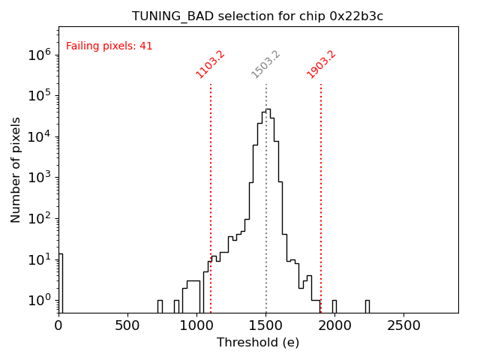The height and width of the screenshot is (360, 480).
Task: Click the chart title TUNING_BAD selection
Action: click(x=257, y=16)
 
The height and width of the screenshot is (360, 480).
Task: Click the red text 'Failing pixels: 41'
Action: click(x=109, y=46)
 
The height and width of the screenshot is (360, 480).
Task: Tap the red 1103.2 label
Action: click(x=211, y=64)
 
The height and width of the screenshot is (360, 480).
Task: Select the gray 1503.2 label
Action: click(x=266, y=64)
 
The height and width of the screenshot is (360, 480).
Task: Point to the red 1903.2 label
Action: click(x=321, y=64)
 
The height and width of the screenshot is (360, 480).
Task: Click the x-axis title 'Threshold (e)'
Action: click(x=258, y=343)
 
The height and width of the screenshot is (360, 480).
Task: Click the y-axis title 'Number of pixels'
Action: click(x=16, y=169)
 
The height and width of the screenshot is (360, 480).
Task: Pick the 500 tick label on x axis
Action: click(x=127, y=325)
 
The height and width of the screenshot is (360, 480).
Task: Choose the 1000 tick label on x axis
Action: click(x=196, y=325)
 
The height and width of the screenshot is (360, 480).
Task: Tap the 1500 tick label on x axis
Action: click(x=265, y=325)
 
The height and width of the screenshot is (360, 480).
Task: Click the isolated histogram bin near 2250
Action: click(x=367, y=306)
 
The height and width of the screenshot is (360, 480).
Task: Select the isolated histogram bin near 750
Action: click(x=160, y=306)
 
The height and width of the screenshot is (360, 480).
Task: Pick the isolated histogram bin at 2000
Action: click(x=334, y=306)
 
